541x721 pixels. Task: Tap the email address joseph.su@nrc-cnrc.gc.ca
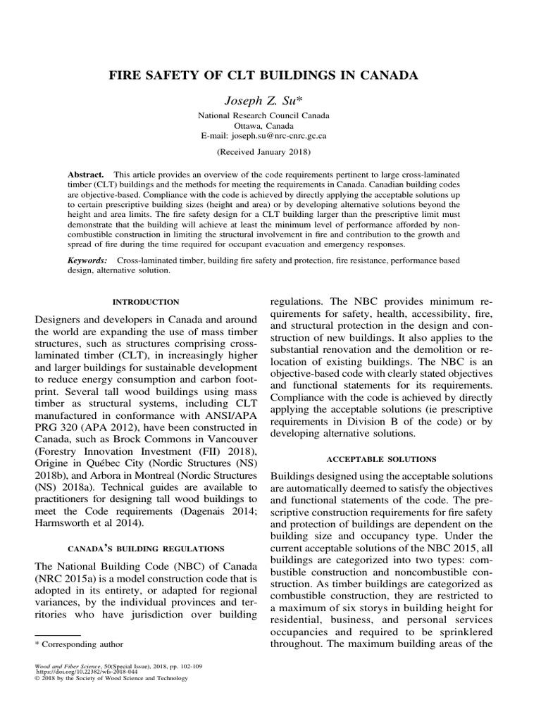coord(270,134)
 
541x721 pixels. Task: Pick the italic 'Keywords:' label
coord(87,260)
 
